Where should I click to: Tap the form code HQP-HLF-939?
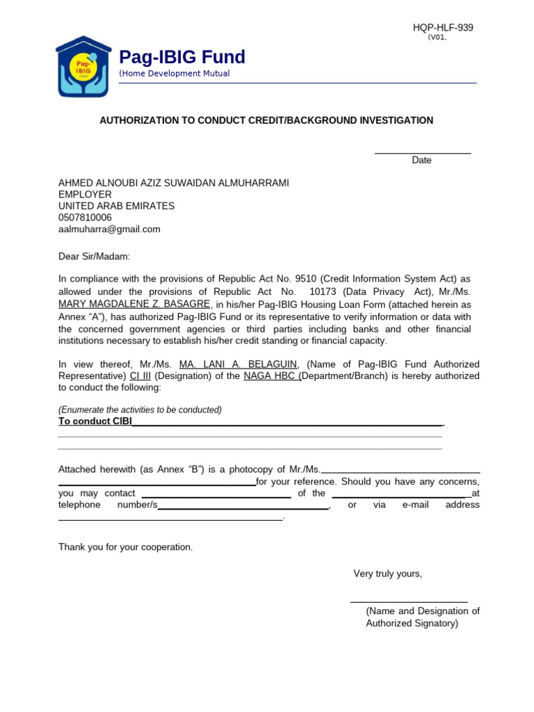pyautogui.click(x=443, y=28)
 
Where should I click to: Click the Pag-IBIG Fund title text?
pyautogui.click(x=182, y=57)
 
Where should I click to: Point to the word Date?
pyautogui.click(x=421, y=161)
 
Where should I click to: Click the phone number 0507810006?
pyautogui.click(x=85, y=218)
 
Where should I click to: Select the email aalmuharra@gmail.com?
pyautogui.click(x=109, y=229)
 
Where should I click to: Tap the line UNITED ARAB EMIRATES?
pyautogui.click(x=116, y=207)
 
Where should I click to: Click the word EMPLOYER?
pyautogui.click(x=85, y=195)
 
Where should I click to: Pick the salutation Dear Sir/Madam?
pyautogui.click(x=94, y=257)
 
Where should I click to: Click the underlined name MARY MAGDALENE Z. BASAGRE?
pyautogui.click(x=134, y=305)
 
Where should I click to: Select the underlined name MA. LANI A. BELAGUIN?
pyautogui.click(x=238, y=364)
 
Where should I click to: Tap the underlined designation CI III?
pyautogui.click(x=140, y=376)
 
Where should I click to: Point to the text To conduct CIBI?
pyautogui.click(x=95, y=421)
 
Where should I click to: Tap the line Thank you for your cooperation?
pyautogui.click(x=125, y=547)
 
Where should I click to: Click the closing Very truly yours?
pyautogui.click(x=387, y=574)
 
